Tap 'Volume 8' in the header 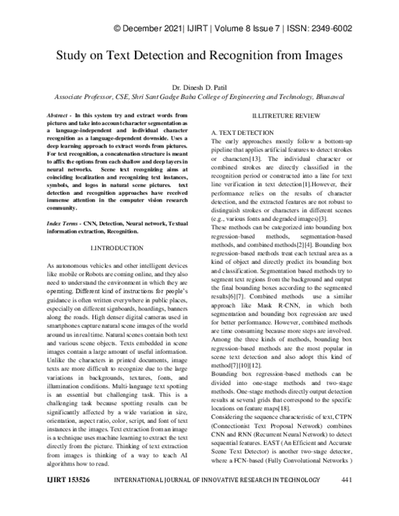233,29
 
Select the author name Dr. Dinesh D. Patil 199,86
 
